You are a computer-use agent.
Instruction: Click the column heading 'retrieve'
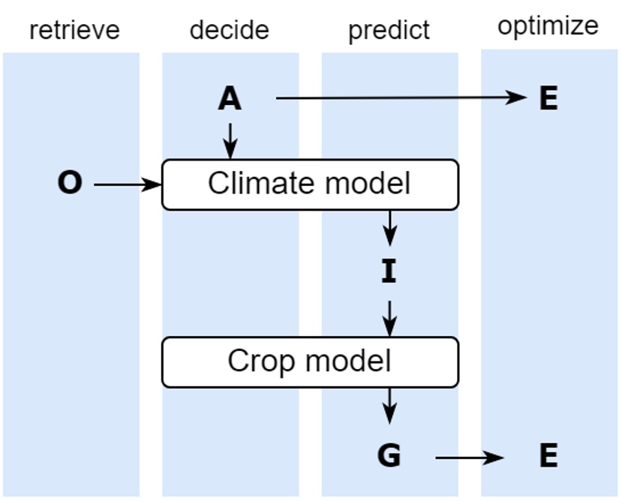(74, 30)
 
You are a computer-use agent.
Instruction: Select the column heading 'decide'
(229, 30)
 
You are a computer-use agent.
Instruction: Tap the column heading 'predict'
(389, 31)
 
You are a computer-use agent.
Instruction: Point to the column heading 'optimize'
(548, 26)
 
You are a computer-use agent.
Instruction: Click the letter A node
(230, 98)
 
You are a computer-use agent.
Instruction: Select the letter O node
(70, 183)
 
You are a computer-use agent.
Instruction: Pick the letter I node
(388, 271)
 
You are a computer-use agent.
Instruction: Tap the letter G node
(389, 455)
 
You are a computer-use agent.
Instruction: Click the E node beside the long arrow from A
(548, 98)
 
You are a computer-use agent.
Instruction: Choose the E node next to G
(548, 455)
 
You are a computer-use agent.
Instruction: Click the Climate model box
(310, 184)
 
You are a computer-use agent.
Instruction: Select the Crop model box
(310, 361)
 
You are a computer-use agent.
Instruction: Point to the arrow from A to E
(401, 97)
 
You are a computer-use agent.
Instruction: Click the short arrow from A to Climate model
(230, 140)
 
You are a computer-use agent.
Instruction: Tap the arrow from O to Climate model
(128, 184)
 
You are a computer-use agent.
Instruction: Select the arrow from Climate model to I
(389, 227)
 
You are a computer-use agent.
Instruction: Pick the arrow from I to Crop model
(389, 318)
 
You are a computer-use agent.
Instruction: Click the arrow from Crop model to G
(389, 406)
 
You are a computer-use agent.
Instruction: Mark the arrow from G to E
(469, 456)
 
